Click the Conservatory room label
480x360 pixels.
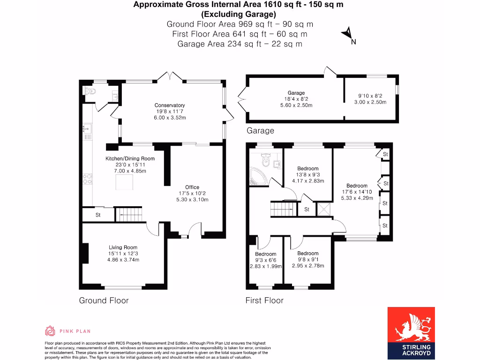(x=170, y=105)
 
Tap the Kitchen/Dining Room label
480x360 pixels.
(x=130, y=158)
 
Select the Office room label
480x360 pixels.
(x=192, y=187)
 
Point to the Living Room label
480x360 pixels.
(x=123, y=247)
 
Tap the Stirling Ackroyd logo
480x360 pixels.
(x=411, y=333)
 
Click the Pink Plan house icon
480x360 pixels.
(x=50, y=331)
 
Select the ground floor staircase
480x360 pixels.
(x=129, y=214)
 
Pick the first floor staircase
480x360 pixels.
(x=284, y=209)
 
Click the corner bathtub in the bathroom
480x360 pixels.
(x=258, y=177)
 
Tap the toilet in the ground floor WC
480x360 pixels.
(x=90, y=91)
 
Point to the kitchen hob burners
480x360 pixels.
(x=88, y=179)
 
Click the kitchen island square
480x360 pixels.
(x=124, y=182)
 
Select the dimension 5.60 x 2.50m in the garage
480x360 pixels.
(x=296, y=105)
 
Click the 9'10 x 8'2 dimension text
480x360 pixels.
(x=370, y=96)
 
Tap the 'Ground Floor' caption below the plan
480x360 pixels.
(x=104, y=300)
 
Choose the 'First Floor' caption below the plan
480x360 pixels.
(x=264, y=300)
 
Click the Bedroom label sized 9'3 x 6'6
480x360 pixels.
(x=266, y=254)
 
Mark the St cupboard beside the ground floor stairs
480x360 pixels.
(x=98, y=215)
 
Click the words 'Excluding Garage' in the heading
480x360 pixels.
(x=239, y=15)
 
